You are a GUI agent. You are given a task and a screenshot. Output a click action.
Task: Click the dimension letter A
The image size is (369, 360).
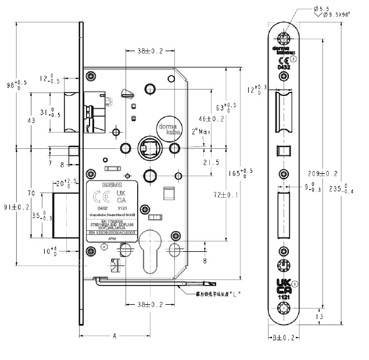[x=114, y=336]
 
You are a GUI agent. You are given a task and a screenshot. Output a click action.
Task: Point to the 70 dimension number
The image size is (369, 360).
[x=31, y=193]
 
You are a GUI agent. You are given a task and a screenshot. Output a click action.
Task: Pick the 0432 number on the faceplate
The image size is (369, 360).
[x=283, y=68]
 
